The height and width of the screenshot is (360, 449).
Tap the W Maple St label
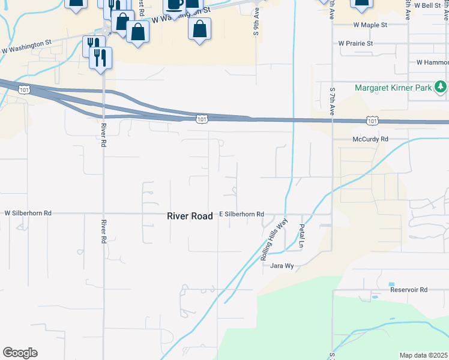pyautogui.click(x=370, y=25)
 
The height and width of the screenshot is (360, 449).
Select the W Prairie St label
pyautogui.click(x=355, y=43)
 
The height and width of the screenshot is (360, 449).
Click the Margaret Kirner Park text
pyautogui.click(x=394, y=88)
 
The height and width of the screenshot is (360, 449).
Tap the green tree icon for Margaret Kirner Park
pyautogui.click(x=441, y=88)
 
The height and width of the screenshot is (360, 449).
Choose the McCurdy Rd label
pyautogui.click(x=370, y=139)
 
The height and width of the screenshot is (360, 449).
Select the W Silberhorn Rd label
pyautogui.click(x=28, y=213)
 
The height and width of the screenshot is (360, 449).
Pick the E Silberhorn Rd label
pyautogui.click(x=241, y=214)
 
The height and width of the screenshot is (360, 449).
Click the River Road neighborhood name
pyautogui.click(x=190, y=216)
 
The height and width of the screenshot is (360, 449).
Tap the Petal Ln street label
pyautogui.click(x=302, y=236)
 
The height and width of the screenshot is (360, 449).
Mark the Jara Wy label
pyautogui.click(x=282, y=265)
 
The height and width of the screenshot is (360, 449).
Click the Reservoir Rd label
pyautogui.click(x=408, y=290)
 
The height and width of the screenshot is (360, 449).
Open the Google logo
pyautogui.click(x=20, y=353)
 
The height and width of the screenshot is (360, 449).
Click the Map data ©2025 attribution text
pyautogui.click(x=423, y=355)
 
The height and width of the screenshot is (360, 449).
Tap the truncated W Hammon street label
pyautogui.click(x=432, y=62)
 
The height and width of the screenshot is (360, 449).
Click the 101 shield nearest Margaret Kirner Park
pyautogui.click(x=372, y=121)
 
